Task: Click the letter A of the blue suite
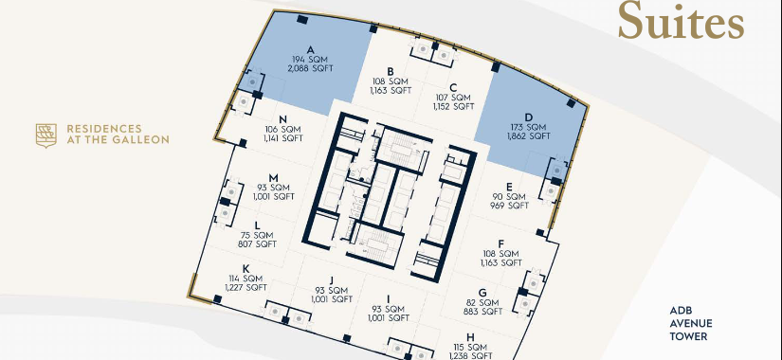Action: click(310, 50)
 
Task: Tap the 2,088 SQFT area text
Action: click(310, 68)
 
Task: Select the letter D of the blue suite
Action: click(529, 117)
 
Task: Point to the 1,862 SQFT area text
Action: click(529, 136)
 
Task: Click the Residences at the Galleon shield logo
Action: click(45, 135)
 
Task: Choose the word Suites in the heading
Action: click(681, 21)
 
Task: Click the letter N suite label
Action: click(282, 119)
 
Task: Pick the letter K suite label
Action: click(246, 269)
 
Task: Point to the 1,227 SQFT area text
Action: click(246, 288)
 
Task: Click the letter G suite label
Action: click(482, 293)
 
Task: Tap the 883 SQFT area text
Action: click(482, 312)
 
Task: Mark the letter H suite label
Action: click(470, 337)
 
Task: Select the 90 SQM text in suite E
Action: click(509, 196)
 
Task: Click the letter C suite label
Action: click(453, 88)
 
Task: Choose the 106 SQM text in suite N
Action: click(282, 129)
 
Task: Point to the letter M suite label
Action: click(273, 178)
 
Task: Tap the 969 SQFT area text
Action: click(509, 206)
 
